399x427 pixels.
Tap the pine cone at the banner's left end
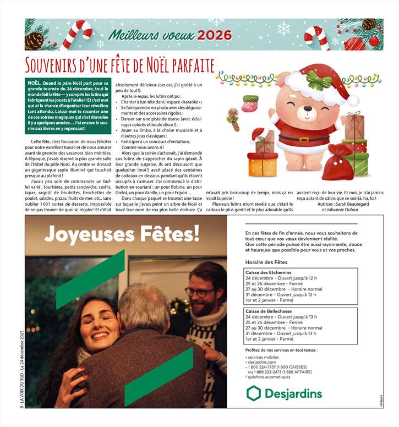point(35,40)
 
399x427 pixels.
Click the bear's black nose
point(301,110)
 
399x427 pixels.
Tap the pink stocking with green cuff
point(250,102)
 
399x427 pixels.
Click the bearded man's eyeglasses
point(199,292)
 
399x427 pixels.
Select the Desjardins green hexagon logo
point(253,393)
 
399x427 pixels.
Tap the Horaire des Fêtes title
point(266,262)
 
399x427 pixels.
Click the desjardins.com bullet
point(263,362)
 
